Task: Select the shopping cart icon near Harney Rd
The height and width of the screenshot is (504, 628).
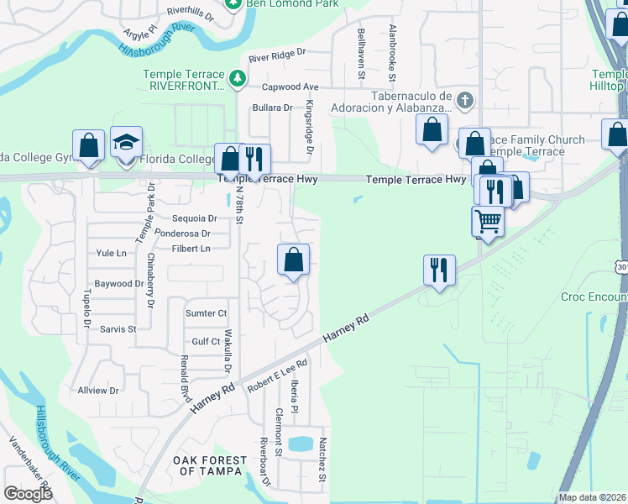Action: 488,222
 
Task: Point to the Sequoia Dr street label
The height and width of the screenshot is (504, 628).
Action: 195,218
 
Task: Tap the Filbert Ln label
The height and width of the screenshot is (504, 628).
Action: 191,249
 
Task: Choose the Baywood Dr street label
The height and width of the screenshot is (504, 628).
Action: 118,284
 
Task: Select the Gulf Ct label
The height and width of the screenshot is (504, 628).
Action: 206,342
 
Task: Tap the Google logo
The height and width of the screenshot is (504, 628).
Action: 28,494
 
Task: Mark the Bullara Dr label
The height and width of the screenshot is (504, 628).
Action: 273,108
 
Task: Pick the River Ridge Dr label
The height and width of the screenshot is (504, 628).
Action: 278,58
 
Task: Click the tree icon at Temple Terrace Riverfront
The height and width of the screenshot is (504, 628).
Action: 238,78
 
